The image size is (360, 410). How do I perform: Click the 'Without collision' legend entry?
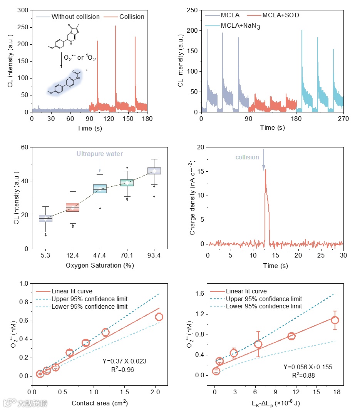click(75, 17)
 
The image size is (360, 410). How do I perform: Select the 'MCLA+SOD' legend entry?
click(281, 16)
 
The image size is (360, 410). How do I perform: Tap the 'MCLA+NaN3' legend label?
click(243, 26)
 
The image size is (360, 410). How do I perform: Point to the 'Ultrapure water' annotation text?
click(99, 154)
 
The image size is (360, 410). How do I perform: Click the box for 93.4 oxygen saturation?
click(154, 171)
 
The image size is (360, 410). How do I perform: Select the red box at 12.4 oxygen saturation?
click(72, 207)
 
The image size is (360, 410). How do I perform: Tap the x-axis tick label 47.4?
click(100, 255)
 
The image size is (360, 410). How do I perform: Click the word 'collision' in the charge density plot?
click(247, 157)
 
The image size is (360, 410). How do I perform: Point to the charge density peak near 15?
click(265, 170)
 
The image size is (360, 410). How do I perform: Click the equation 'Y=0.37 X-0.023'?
click(124, 361)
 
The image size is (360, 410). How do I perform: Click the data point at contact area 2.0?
click(159, 317)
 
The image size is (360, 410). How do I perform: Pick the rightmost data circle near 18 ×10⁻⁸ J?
click(335, 320)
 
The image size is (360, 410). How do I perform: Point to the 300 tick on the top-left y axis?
click(24, 10)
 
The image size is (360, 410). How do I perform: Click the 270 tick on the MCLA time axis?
click(343, 119)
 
